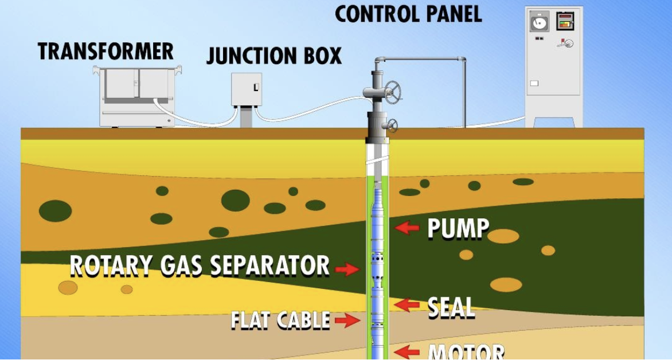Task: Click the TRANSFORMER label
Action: [106, 52]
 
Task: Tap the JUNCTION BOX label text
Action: [274, 56]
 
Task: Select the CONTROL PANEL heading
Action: [408, 14]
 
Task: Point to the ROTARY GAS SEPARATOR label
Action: [200, 266]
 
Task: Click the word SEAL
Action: [451, 308]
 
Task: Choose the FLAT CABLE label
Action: [280, 320]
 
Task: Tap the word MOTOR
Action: [466, 351]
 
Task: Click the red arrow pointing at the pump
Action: [407, 228]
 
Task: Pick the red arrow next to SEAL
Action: [407, 304]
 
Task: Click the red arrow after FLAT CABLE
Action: [347, 320]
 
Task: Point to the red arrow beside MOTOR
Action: [408, 351]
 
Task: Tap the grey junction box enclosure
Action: [247, 89]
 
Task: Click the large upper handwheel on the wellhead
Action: [393, 89]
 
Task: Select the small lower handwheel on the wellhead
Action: [393, 126]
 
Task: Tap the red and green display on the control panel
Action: [565, 22]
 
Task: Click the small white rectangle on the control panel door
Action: [534, 83]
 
